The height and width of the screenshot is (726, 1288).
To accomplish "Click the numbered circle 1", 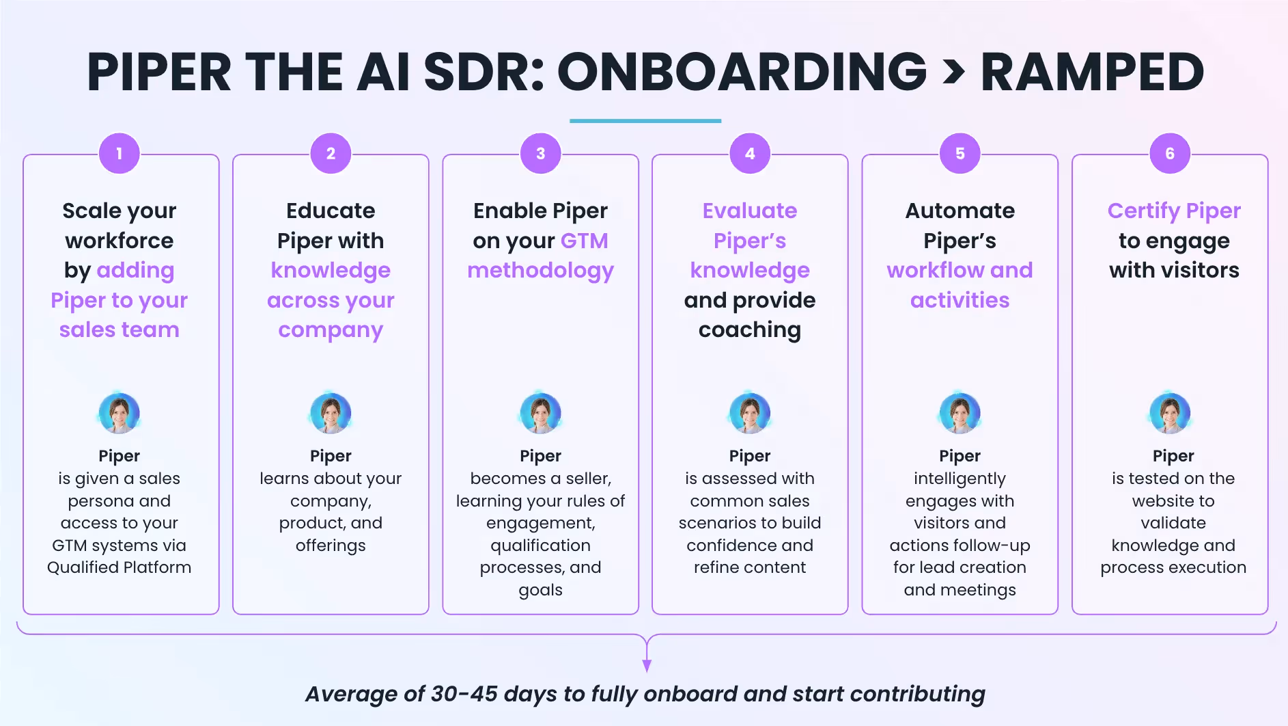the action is tap(120, 154).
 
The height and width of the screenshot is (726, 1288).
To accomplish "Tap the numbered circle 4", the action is tap(750, 154).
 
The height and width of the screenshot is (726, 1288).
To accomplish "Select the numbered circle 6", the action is tap(1170, 154).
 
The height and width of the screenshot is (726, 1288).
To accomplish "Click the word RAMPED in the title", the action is tap(1092, 72).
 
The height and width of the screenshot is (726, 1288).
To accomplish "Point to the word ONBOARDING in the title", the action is tap(742, 72).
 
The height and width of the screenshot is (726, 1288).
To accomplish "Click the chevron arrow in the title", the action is tap(954, 72).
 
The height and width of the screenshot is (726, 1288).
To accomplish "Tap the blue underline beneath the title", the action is tap(645, 121).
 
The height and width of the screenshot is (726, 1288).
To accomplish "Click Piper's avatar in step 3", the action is tap(540, 413).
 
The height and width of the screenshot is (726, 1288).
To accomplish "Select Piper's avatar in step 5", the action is tap(960, 413).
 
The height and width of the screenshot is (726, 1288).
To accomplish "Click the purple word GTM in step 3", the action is tap(584, 241).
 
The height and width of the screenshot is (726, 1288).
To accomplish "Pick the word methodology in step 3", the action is tap(540, 271).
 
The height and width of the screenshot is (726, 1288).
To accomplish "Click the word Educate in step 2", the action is tap(331, 211).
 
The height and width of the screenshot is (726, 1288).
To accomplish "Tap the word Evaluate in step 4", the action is tap(750, 211).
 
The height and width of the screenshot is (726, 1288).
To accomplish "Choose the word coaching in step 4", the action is tap(750, 330).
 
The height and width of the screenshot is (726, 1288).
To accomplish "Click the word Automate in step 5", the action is tap(960, 211).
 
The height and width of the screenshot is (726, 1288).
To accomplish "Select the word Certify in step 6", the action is tap(1143, 211).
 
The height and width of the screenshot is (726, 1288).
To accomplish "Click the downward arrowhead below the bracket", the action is tap(647, 665).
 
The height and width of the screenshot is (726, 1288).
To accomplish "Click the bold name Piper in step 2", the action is tap(331, 456).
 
